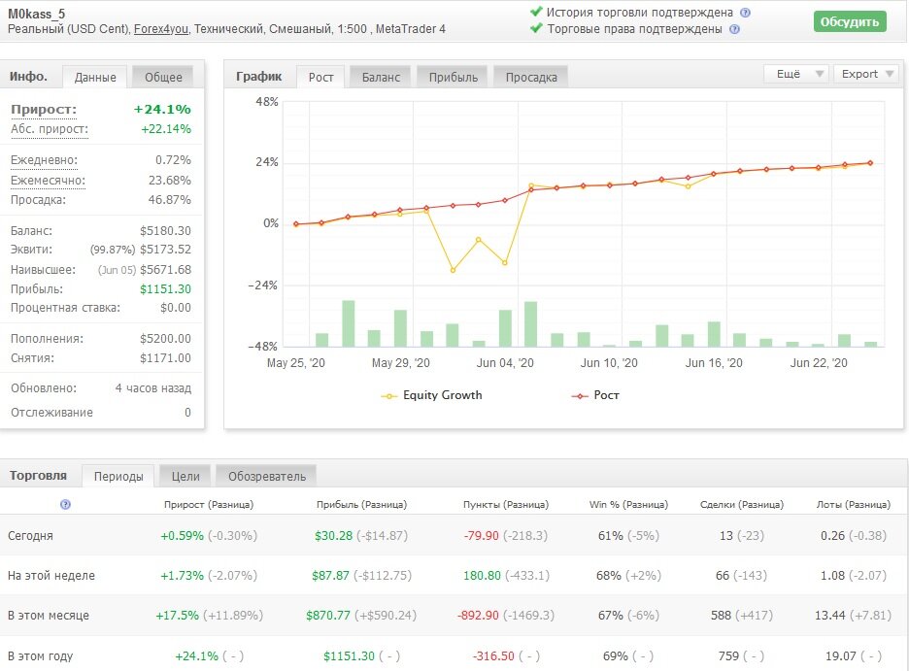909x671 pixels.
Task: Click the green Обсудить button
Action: [850, 21]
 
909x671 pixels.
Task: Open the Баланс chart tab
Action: [381, 77]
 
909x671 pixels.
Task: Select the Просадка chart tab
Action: [531, 77]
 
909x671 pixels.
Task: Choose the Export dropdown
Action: [866, 74]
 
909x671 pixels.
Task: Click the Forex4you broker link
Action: [160, 29]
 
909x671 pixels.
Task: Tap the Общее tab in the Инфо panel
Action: [163, 77]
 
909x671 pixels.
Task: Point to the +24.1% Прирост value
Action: [162, 109]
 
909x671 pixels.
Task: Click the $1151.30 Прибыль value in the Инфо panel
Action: [165, 288]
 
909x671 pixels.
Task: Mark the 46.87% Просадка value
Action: [169, 199]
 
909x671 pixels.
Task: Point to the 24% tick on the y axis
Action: [267, 162]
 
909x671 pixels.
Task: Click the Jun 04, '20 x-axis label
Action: [505, 363]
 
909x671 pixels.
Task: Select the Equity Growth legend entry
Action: [431, 395]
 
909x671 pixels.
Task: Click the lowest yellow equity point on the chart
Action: [453, 270]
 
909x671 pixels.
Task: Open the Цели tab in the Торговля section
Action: [185, 477]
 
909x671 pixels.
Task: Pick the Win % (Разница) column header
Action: [628, 505]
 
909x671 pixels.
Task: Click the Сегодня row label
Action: [30, 536]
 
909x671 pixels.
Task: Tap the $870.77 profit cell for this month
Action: [328, 615]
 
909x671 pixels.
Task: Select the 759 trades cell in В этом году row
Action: [728, 655]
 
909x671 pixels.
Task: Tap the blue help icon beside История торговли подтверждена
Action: [746, 13]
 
